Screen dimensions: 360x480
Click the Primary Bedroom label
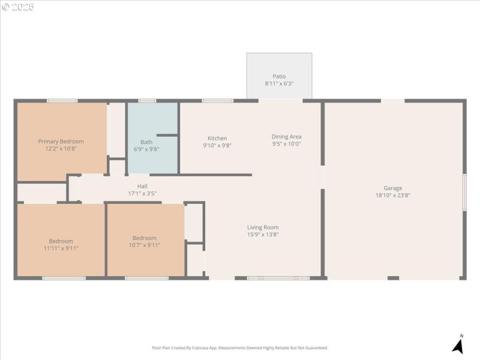pos(61,142)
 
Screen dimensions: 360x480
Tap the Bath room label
pos(146,142)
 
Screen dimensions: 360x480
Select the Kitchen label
pos(217,138)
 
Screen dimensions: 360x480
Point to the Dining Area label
pos(286,137)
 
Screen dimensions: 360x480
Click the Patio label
pos(279,76)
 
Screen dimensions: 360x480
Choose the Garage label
pos(393,188)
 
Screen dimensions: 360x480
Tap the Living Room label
pos(263,227)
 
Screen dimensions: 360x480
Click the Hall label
pos(142,186)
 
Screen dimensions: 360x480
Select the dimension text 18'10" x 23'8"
pos(393,195)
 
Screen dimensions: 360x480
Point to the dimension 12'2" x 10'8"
pos(61,149)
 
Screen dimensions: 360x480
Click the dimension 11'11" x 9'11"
pos(61,248)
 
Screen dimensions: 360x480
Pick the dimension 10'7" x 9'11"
pos(145,245)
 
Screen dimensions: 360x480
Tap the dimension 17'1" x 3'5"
pos(142,193)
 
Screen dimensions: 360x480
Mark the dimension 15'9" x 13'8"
pos(263,235)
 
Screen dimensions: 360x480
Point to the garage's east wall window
pos(464,192)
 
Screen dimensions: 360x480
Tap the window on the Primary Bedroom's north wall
pos(62,101)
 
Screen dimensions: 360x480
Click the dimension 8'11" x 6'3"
pos(279,84)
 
